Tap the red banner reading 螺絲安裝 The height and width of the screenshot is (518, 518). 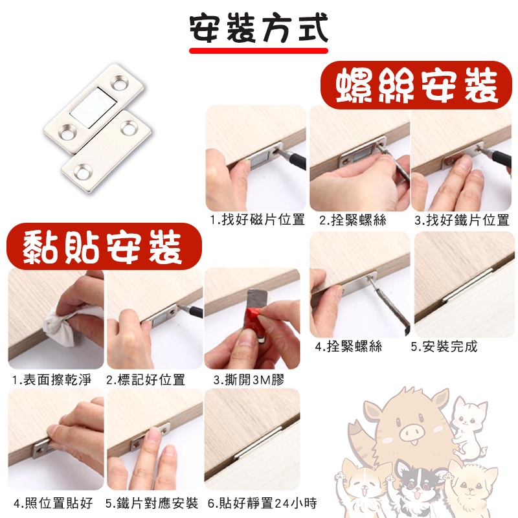click(x=411, y=85)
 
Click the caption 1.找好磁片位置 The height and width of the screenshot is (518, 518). click(x=257, y=220)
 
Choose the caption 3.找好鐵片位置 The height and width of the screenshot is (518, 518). click(x=462, y=220)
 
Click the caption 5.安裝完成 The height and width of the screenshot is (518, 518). click(x=444, y=346)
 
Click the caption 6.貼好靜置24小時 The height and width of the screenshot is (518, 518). click(x=262, y=502)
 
